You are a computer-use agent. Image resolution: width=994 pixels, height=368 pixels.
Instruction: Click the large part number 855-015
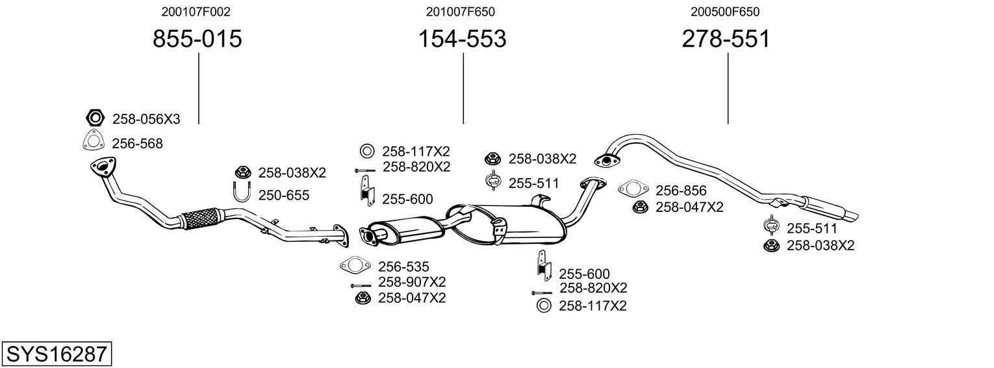tap(197, 39)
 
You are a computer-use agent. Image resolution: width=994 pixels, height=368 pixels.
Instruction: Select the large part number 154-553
tap(461, 39)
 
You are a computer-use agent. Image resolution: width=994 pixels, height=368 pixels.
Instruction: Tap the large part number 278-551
tap(726, 39)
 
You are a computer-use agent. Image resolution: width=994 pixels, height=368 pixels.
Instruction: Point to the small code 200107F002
tap(196, 12)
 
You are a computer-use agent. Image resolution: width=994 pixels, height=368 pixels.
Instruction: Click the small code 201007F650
tap(461, 12)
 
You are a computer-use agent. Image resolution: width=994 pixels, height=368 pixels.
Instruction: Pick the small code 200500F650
tap(725, 12)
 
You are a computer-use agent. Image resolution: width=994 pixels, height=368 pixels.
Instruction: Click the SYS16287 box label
tap(57, 354)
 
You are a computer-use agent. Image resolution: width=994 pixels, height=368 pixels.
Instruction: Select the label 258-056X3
tap(146, 119)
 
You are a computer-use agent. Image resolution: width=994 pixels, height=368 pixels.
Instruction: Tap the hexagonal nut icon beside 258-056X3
tap(95, 118)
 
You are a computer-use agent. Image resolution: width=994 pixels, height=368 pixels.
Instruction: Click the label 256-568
tap(137, 144)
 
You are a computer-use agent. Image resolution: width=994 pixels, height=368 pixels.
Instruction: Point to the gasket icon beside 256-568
tap(94, 141)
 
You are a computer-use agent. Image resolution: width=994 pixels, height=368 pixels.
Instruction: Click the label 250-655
tap(284, 195)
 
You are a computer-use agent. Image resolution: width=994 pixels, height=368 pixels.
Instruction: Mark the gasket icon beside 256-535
tap(353, 265)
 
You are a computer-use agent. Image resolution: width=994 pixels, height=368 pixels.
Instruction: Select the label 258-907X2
tap(412, 282)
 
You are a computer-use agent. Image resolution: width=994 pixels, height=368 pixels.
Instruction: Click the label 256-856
tap(680, 191)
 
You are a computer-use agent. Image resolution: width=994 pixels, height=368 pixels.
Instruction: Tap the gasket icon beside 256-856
tap(633, 189)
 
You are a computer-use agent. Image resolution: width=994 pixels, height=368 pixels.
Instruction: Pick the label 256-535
tap(403, 266)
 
